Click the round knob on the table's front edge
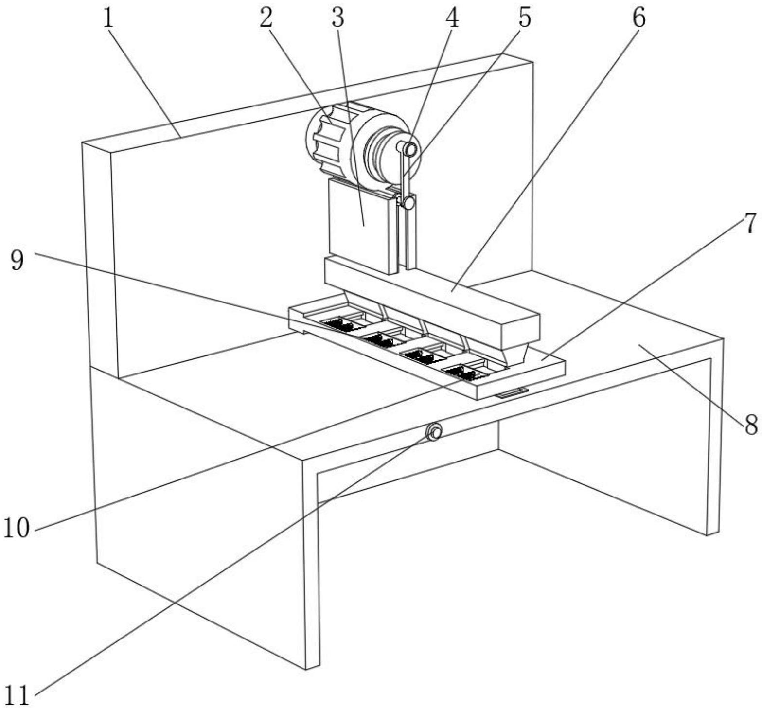[433, 431]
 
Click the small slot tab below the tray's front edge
[512, 392]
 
